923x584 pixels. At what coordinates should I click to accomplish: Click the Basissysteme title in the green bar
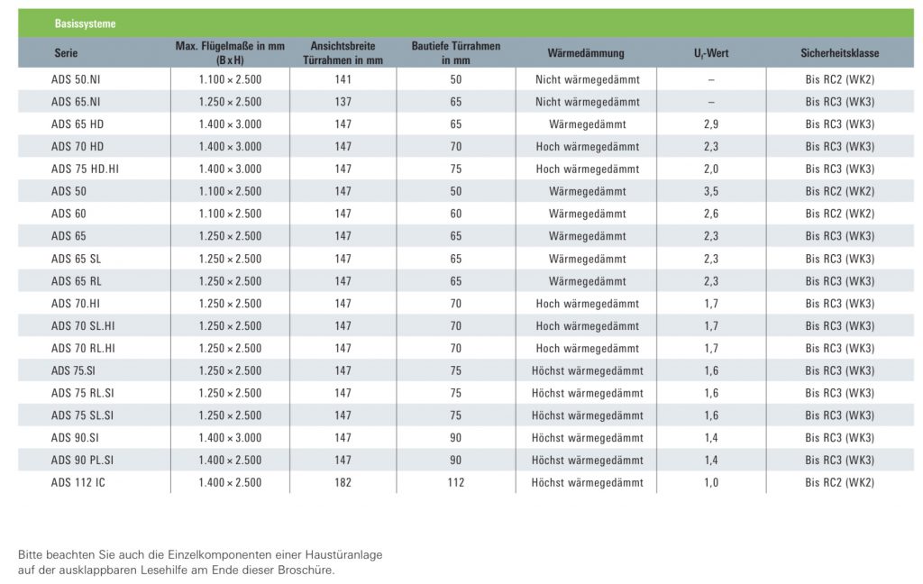click(x=85, y=23)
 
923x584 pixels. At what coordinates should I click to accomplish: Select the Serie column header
click(x=66, y=53)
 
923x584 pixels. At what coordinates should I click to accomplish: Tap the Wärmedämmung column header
click(x=586, y=53)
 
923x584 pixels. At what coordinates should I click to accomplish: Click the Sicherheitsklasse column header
click(x=839, y=53)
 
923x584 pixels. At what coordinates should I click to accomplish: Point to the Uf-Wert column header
click(x=711, y=53)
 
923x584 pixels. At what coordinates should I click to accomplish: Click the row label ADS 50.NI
click(x=76, y=79)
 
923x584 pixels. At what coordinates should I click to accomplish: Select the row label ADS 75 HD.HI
click(x=85, y=169)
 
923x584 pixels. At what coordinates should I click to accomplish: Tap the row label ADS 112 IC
click(x=78, y=483)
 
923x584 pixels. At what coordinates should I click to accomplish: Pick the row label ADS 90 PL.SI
click(x=82, y=461)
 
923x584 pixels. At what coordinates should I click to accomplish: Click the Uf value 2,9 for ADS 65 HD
click(x=711, y=124)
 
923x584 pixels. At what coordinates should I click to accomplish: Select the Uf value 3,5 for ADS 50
click(x=711, y=191)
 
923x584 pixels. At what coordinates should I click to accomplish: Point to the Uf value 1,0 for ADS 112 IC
click(x=711, y=483)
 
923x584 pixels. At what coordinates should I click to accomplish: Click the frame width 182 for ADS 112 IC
click(x=343, y=483)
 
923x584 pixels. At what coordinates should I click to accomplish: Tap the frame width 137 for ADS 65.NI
click(x=343, y=102)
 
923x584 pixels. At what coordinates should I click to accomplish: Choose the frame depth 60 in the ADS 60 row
click(x=455, y=214)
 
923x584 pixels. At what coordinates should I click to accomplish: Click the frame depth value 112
click(x=455, y=483)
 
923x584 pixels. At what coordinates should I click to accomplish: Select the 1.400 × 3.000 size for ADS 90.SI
click(x=230, y=438)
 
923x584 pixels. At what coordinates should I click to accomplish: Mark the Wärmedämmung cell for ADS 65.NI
click(x=587, y=102)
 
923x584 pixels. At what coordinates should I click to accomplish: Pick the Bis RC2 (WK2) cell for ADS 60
click(x=839, y=214)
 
